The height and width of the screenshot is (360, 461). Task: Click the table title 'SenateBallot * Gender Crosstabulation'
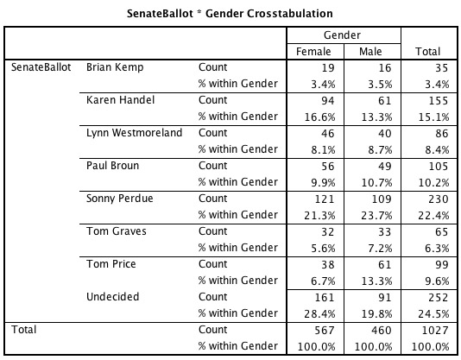click(x=230, y=14)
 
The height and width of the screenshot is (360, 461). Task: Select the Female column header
click(x=313, y=52)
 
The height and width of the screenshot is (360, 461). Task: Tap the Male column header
click(x=370, y=52)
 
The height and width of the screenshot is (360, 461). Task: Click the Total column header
click(x=428, y=52)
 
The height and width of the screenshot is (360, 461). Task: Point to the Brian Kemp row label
click(x=115, y=67)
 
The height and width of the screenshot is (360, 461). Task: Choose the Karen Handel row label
click(x=121, y=100)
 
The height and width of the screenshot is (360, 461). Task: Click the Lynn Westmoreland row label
click(x=135, y=133)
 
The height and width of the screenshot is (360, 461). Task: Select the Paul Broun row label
click(x=112, y=166)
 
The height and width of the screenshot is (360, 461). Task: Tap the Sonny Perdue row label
click(x=120, y=199)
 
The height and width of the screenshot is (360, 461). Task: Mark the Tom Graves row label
click(x=117, y=231)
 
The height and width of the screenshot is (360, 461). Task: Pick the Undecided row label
click(x=113, y=297)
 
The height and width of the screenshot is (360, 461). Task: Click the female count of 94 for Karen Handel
click(x=327, y=101)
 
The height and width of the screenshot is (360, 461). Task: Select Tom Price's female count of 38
click(x=327, y=265)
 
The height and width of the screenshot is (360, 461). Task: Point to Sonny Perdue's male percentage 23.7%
click(x=376, y=216)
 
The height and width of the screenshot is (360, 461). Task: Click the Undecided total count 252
click(x=438, y=298)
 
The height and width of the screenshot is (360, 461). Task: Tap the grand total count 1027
click(x=435, y=331)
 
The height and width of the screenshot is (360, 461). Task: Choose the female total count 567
click(x=325, y=331)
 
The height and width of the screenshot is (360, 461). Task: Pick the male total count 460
click(x=382, y=331)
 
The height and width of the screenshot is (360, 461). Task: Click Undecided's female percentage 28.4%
click(x=319, y=314)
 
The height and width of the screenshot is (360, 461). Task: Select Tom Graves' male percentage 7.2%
click(x=380, y=249)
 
